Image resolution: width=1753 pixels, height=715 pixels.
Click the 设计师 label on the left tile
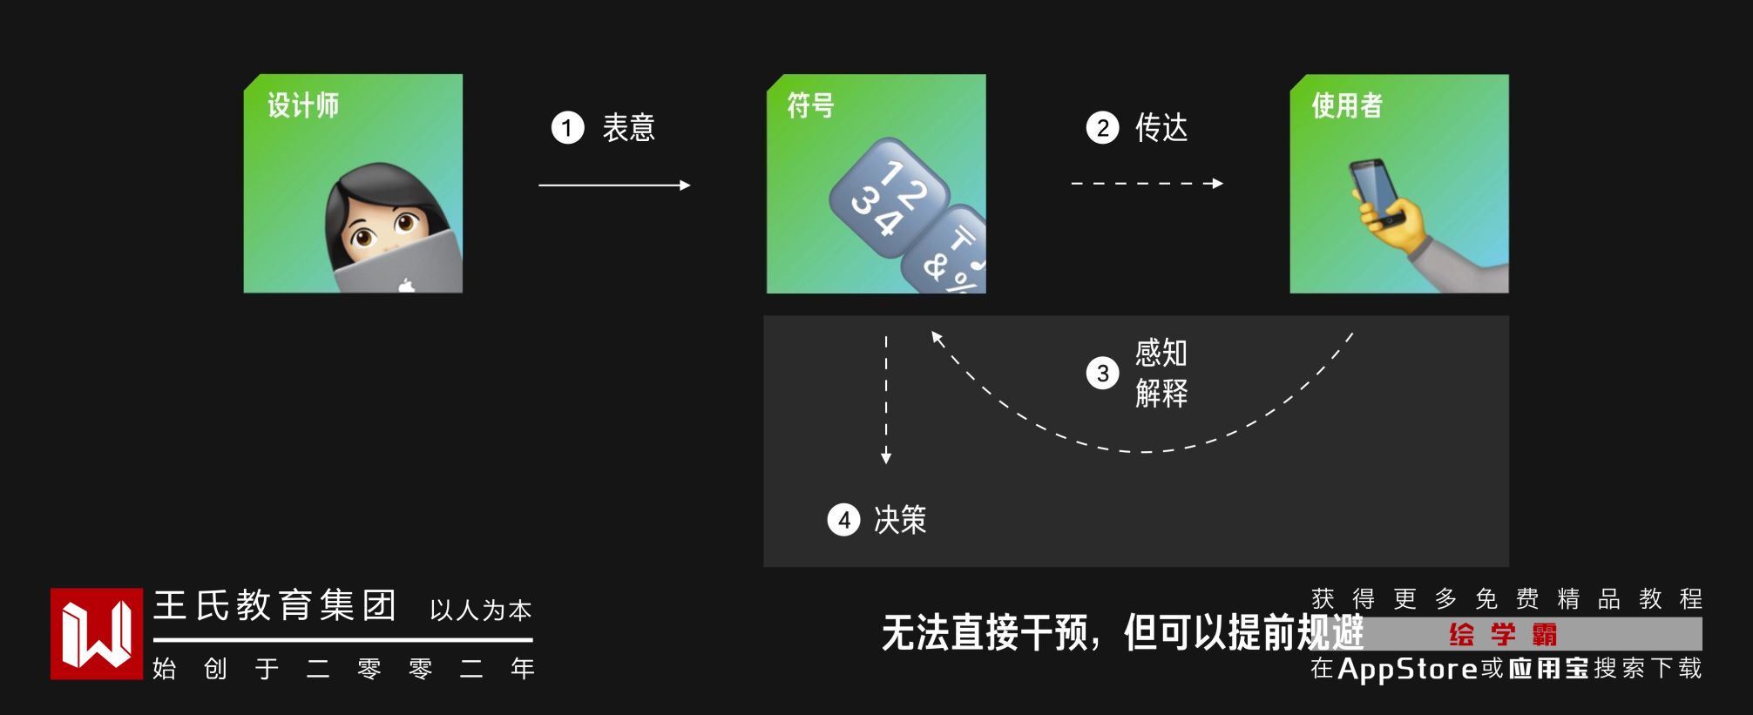click(303, 106)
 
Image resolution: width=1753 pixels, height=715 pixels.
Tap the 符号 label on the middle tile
click(810, 106)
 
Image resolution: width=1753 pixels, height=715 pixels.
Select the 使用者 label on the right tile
click(1347, 106)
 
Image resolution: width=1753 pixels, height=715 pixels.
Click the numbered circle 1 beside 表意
click(567, 128)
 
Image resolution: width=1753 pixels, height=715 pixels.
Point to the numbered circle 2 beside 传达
click(1102, 128)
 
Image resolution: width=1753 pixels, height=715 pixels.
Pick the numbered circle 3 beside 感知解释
click(1102, 374)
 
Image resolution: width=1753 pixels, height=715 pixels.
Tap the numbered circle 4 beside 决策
click(843, 520)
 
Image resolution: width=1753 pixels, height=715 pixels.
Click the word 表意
click(628, 128)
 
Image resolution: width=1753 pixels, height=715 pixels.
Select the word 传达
click(1161, 128)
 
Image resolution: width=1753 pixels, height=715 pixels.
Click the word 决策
click(900, 520)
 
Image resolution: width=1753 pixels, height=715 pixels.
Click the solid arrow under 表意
click(614, 185)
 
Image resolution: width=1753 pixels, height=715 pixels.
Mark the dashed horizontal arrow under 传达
click(1147, 184)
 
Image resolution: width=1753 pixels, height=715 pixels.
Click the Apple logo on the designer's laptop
click(406, 284)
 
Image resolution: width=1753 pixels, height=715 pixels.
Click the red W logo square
click(96, 633)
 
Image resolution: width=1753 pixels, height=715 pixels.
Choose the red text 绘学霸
click(1503, 634)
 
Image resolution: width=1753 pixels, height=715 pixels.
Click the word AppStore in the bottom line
click(1407, 668)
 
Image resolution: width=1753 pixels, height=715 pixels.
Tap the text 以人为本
click(480, 610)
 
